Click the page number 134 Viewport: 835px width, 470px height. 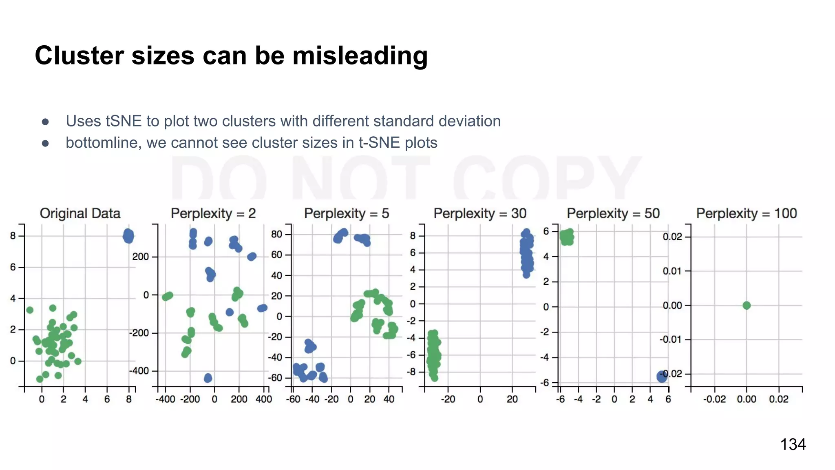click(793, 444)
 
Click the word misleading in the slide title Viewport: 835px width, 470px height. click(360, 55)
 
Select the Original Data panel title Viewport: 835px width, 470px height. click(80, 213)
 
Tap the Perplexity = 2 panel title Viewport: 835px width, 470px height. click(213, 213)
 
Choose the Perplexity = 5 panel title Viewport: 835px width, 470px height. click(347, 213)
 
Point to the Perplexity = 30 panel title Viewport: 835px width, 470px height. click(480, 213)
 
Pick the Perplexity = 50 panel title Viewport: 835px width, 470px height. click(613, 213)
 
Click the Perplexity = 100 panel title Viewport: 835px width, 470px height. click(747, 213)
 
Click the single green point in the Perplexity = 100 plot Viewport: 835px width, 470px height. click(747, 305)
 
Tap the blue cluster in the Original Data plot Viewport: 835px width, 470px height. click(128, 236)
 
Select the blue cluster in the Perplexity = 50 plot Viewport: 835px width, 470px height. click(662, 377)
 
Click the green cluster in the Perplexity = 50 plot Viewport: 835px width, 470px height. click(567, 237)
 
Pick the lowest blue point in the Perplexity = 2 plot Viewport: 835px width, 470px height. click(208, 378)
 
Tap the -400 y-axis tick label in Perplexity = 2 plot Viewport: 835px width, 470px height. click(139, 371)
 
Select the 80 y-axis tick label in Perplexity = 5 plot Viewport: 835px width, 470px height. click(277, 234)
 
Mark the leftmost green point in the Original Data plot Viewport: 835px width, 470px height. click(30, 310)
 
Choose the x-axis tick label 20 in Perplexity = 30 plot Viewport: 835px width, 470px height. click(512, 399)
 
